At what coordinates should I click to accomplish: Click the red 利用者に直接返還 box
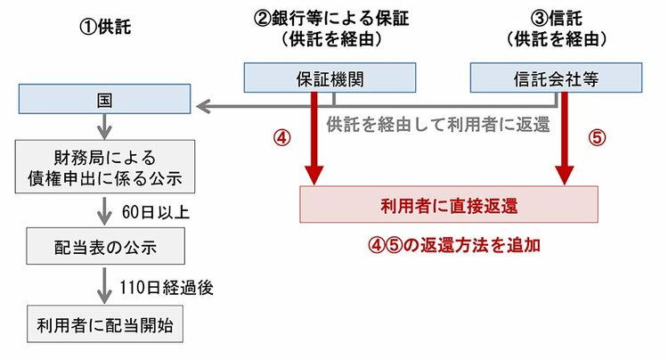[449, 206]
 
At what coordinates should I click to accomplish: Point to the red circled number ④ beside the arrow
[281, 139]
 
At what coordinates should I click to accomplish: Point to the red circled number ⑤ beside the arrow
[596, 139]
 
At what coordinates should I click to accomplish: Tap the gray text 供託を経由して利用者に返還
[437, 124]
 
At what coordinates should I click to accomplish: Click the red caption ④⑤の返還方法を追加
[455, 245]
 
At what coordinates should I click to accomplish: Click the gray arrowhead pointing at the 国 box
[203, 108]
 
